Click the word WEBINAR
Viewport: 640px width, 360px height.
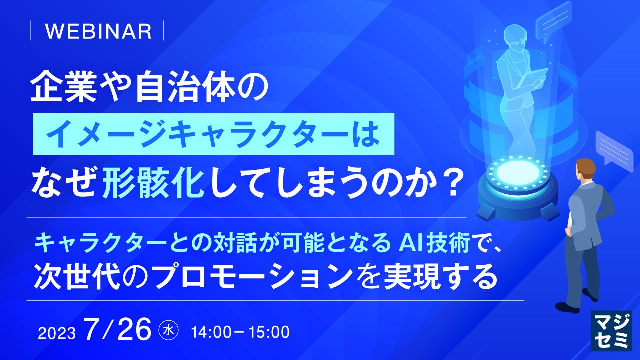[98, 31]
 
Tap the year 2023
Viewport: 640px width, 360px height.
[57, 333]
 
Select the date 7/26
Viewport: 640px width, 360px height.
[118, 329]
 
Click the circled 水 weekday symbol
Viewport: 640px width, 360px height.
[168, 331]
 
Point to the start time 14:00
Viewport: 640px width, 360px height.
[211, 333]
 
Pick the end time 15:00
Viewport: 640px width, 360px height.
[269, 333]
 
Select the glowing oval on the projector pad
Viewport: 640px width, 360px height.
[518, 172]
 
